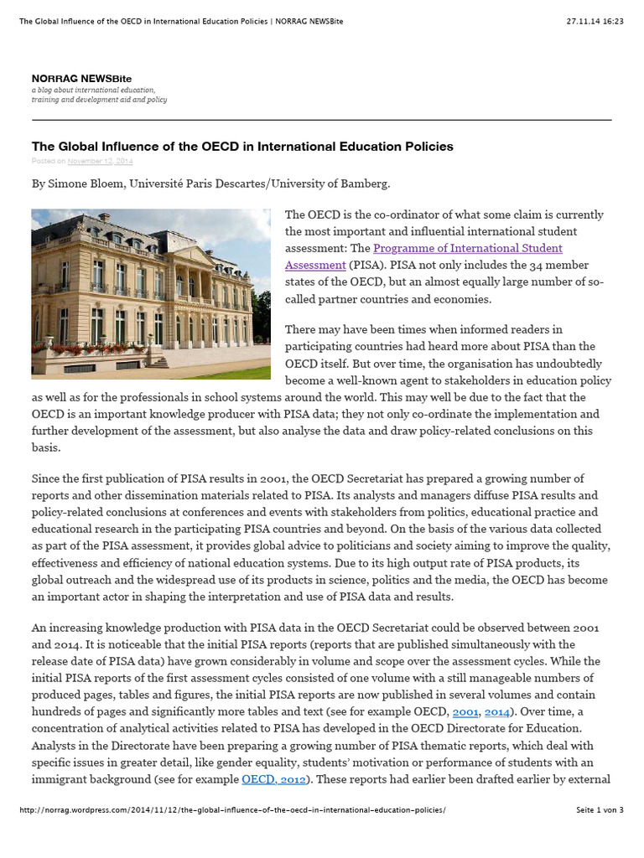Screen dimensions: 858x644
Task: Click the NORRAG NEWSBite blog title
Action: [x=81, y=78]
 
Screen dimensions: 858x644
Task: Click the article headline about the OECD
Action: [x=242, y=147]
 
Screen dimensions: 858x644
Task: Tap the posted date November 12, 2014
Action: [x=100, y=161]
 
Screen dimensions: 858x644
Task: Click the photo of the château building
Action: [x=151, y=293]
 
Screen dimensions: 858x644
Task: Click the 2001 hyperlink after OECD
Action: [x=465, y=711]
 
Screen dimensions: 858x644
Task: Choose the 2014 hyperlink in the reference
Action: [x=497, y=711]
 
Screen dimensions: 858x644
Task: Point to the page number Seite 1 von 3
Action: [x=600, y=810]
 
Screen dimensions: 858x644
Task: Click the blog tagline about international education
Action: [x=99, y=95]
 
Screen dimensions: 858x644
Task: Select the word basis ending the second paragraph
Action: [x=46, y=447]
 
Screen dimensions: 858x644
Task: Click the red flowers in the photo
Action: [x=92, y=349]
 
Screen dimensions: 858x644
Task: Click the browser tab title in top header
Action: [x=181, y=21]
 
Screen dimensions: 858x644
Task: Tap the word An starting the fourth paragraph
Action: [x=39, y=628]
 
